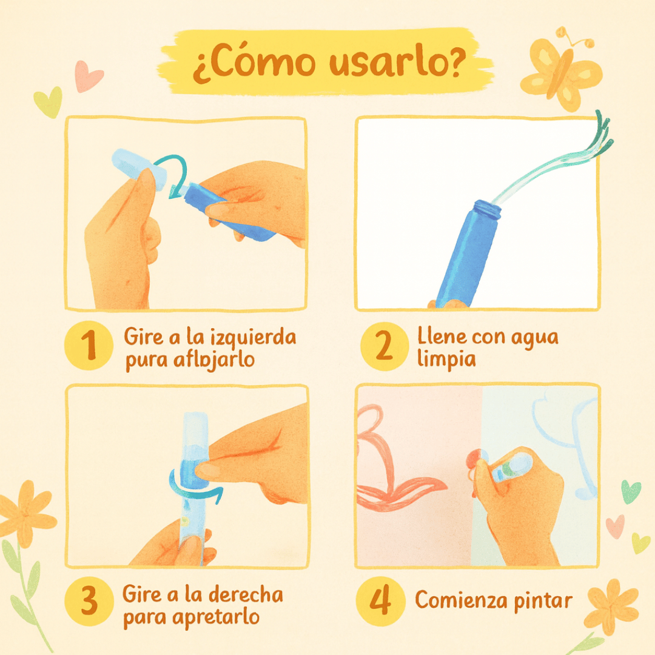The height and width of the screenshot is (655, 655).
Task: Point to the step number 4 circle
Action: (x=380, y=601)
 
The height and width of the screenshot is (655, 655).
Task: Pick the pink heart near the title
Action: (x=89, y=76)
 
